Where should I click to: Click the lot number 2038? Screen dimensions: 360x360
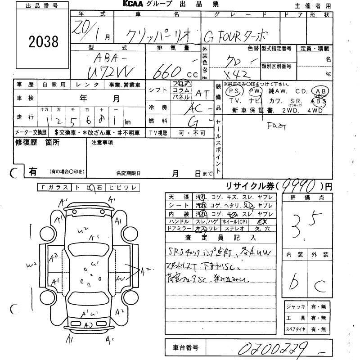pyautogui.click(x=44, y=42)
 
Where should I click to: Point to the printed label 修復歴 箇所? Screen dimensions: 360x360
pyautogui.click(x=31, y=143)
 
